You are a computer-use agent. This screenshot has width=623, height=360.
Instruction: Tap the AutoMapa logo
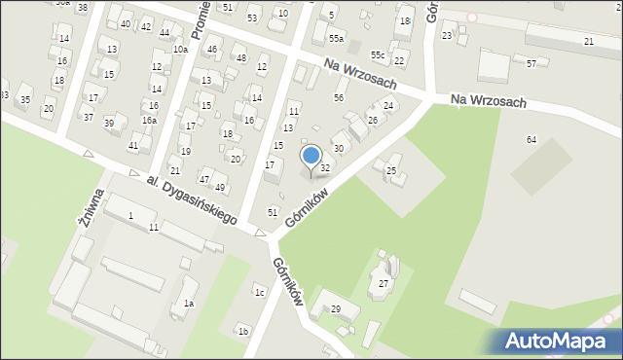556,341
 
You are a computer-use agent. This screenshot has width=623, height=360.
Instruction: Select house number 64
531,140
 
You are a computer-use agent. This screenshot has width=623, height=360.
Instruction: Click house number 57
531,63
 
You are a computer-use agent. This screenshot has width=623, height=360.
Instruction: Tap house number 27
384,283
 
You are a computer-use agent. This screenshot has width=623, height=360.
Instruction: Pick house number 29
336,308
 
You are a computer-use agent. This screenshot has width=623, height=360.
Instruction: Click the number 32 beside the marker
325,168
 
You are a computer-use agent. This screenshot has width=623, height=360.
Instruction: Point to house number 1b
243,331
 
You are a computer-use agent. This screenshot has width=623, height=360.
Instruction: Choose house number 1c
259,292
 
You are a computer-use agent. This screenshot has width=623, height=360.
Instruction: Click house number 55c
377,54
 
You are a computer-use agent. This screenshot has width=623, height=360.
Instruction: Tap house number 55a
336,38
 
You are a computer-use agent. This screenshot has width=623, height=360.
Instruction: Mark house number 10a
180,49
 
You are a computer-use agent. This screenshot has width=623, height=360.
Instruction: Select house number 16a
149,120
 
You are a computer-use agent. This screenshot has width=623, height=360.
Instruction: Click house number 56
339,97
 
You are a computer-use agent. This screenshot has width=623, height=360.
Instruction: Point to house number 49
220,187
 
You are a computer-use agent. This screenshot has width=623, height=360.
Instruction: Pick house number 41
133,145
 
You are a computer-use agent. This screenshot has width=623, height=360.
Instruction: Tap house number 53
252,18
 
